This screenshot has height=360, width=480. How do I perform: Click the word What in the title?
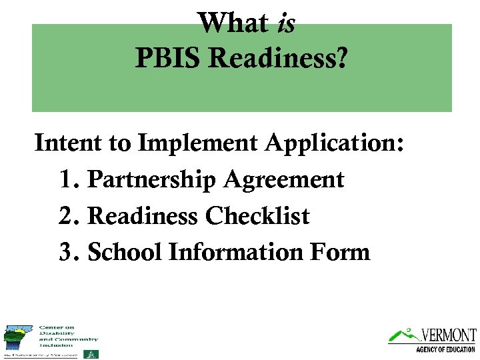(x=233, y=24)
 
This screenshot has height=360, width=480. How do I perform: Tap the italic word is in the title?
(x=285, y=24)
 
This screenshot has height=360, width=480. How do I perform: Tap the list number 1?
(x=67, y=179)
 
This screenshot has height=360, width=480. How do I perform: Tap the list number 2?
(x=67, y=216)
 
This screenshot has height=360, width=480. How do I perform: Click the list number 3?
(x=67, y=252)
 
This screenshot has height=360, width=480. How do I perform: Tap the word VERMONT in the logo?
(x=448, y=335)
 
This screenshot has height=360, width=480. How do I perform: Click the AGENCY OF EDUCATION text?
(x=445, y=349)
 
